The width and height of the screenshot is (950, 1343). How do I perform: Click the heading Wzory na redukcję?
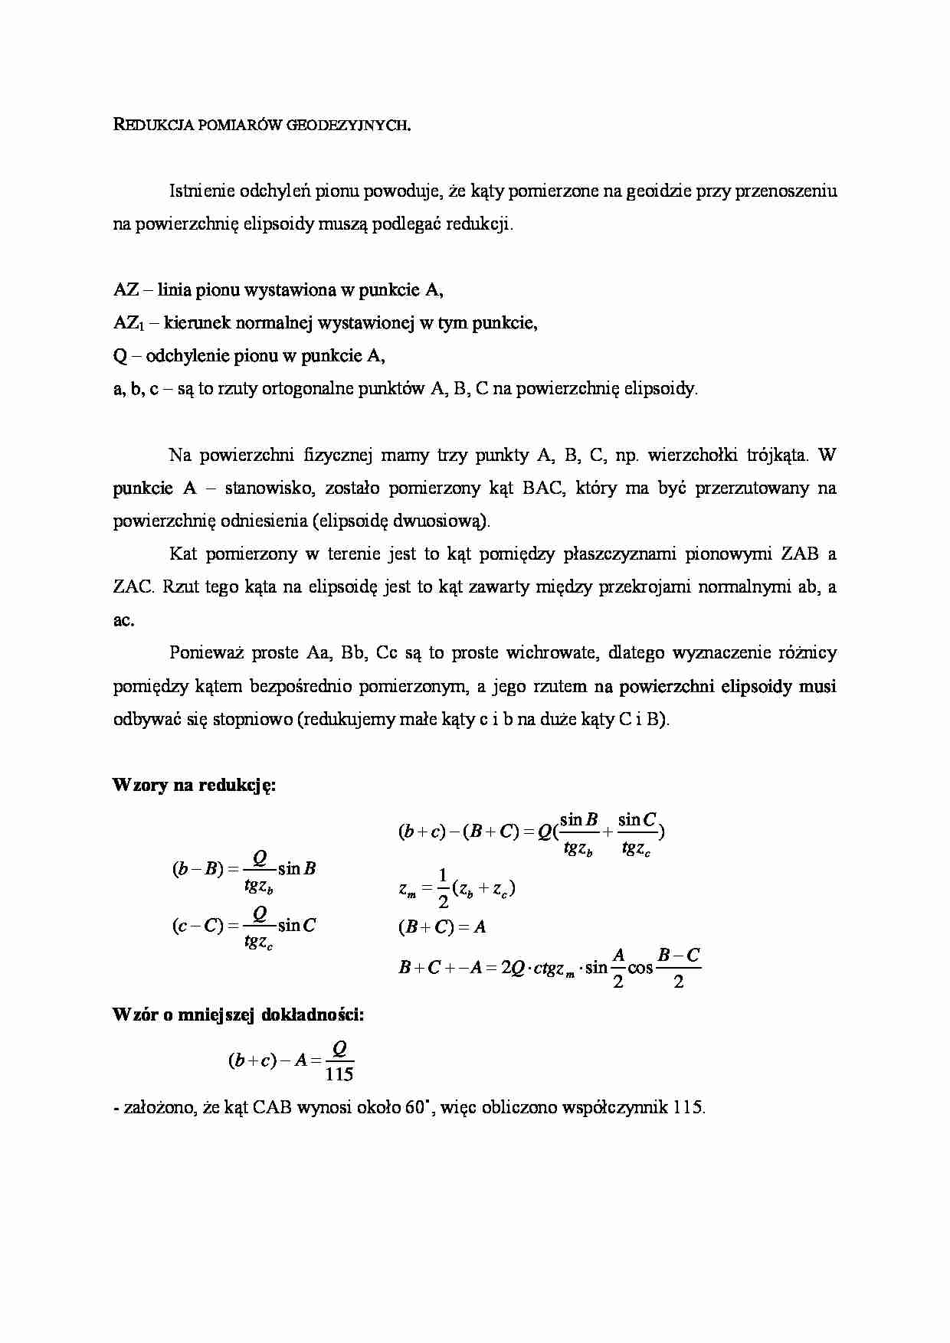[194, 786]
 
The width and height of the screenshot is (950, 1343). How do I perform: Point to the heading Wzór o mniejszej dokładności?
[237, 1015]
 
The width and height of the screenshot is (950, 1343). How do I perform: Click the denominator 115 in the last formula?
[339, 1074]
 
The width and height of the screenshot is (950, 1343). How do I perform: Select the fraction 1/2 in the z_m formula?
[442, 888]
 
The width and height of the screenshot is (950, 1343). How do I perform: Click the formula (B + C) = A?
[442, 927]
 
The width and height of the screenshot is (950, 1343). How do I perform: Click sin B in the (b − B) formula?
[297, 869]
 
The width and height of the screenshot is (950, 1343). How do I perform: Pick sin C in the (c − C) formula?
[297, 926]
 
